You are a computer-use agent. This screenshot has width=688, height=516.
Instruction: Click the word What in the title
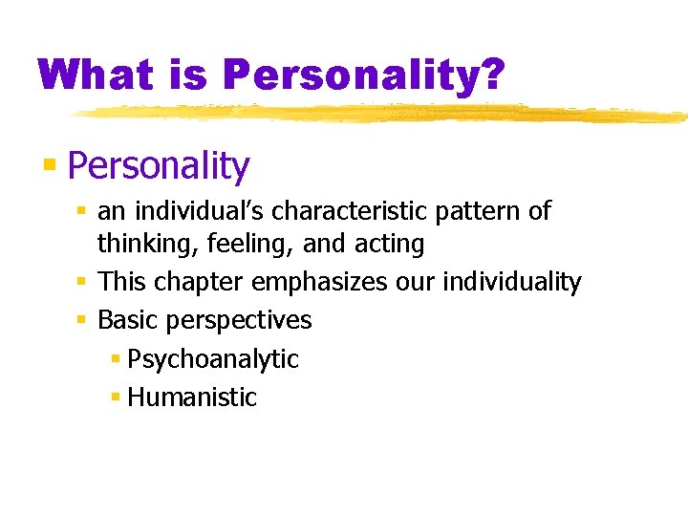[x=94, y=75]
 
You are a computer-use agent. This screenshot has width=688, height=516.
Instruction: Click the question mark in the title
[x=490, y=75]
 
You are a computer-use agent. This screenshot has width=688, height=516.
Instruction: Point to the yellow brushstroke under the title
[x=382, y=114]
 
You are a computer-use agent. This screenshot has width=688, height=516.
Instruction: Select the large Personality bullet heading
[x=159, y=166]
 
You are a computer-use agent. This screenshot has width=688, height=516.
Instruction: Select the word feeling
[x=250, y=245]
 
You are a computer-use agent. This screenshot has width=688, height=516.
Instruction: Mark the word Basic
[x=127, y=319]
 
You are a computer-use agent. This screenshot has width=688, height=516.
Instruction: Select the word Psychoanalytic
[x=213, y=359]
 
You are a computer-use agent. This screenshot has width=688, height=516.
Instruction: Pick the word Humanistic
[x=192, y=397]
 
